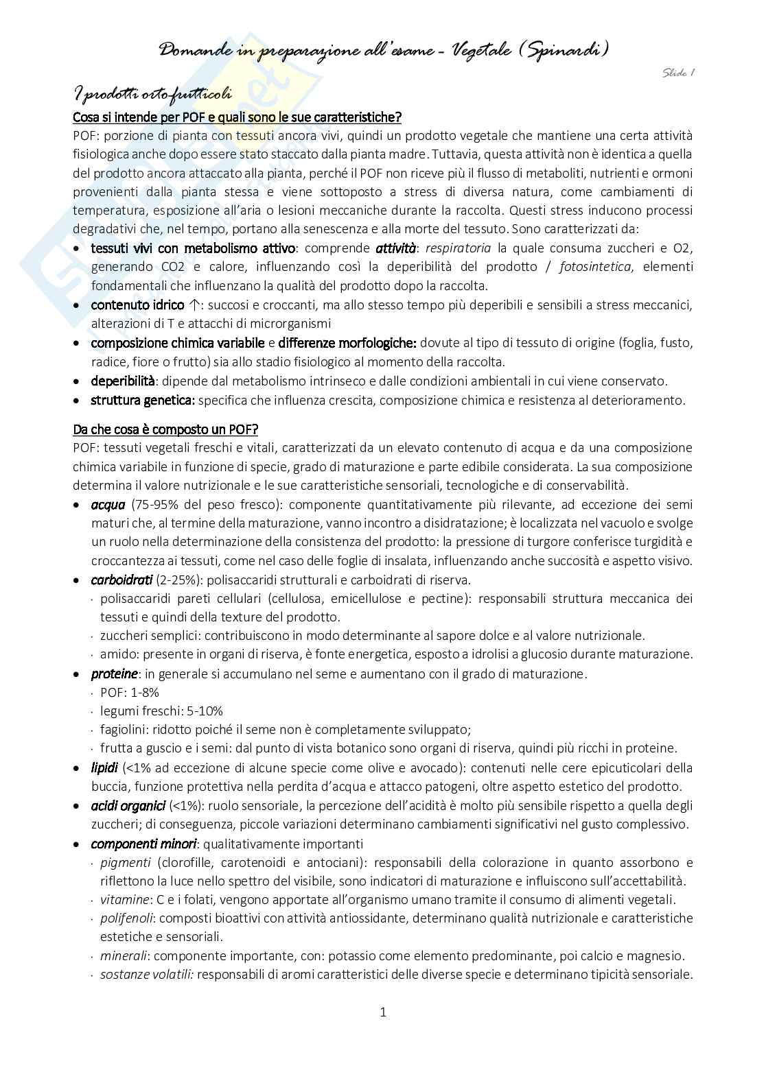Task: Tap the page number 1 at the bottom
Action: coord(383,1012)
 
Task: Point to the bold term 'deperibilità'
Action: coord(123,381)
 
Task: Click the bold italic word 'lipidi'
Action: coord(104,767)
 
